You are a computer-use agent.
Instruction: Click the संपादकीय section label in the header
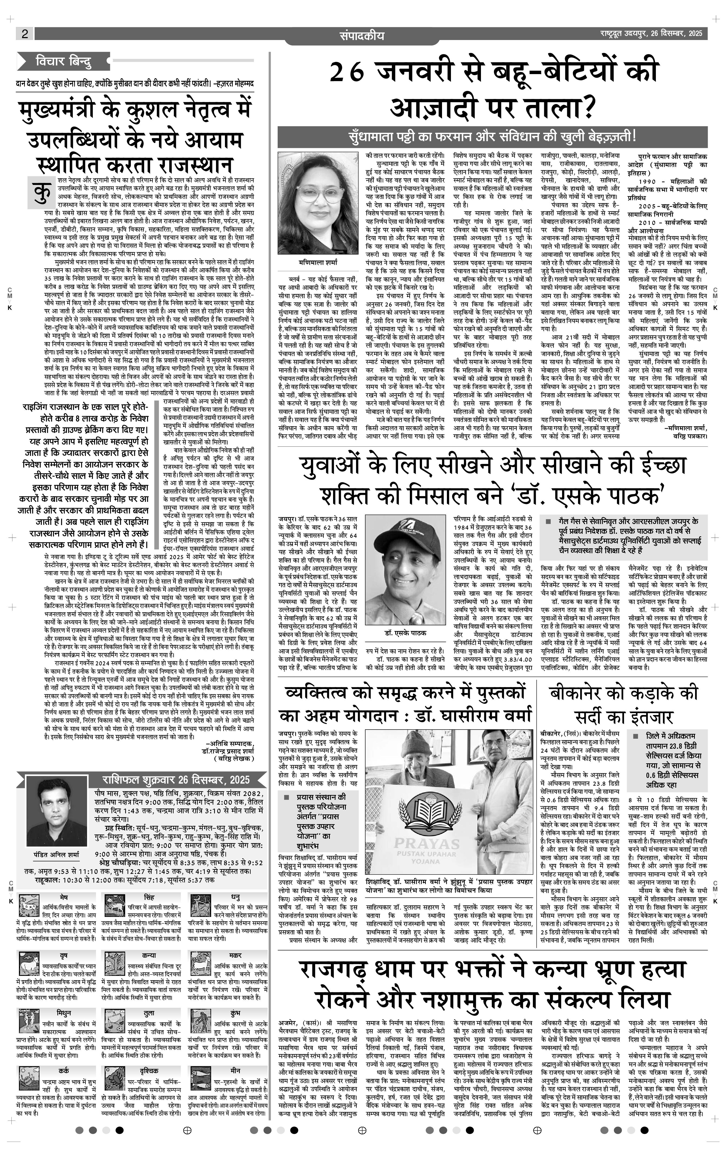click(x=361, y=35)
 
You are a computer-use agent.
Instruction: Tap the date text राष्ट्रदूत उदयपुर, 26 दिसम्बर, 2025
click(x=651, y=34)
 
